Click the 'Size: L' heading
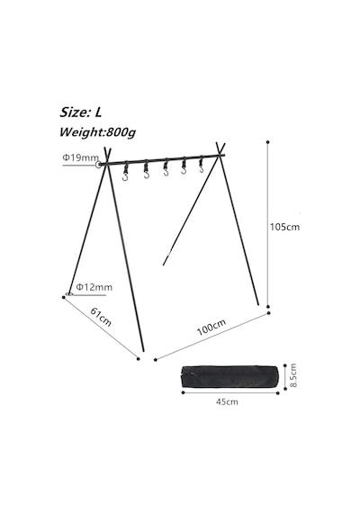coord(80,112)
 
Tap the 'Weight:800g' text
coord(97,132)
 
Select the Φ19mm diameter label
coord(80,157)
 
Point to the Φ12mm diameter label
coord(94,287)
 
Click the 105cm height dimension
coord(284,227)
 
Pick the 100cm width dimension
coord(211,327)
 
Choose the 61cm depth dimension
coord(101,317)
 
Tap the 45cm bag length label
coord(227,401)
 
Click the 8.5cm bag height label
coord(293,375)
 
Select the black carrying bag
coord(230,376)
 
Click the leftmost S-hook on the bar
coord(125,173)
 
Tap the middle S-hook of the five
coord(166,167)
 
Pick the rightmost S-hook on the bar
coord(201,165)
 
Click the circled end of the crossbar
coord(98,165)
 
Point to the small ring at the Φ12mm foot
coord(68,293)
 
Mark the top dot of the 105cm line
coord(268,142)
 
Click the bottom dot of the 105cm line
coord(268,307)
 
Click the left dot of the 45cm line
coord(184,392)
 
